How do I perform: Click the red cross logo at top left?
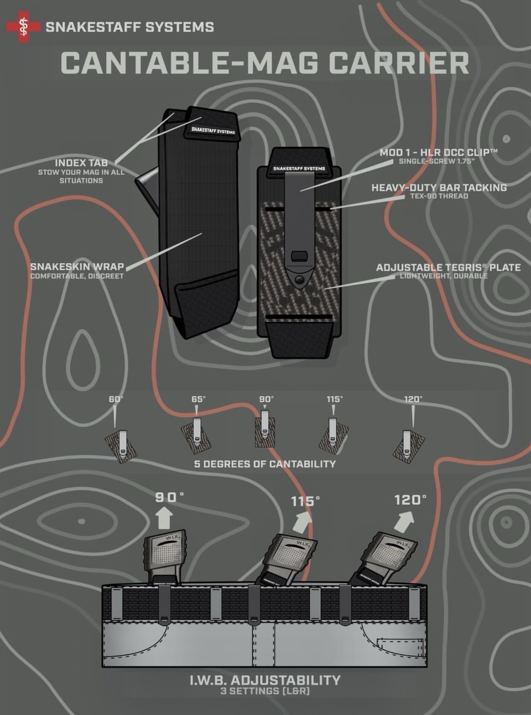(x=23, y=27)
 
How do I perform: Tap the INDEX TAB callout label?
(x=81, y=163)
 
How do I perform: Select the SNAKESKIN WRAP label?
(x=77, y=267)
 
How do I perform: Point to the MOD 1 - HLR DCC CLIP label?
(x=438, y=152)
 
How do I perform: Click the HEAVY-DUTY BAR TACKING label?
(x=439, y=187)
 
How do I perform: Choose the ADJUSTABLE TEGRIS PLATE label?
(x=448, y=267)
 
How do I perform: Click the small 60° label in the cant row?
(x=115, y=399)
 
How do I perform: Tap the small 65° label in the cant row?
(x=198, y=399)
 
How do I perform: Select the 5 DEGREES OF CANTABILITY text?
(x=265, y=464)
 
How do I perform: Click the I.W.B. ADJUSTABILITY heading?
(x=265, y=680)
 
